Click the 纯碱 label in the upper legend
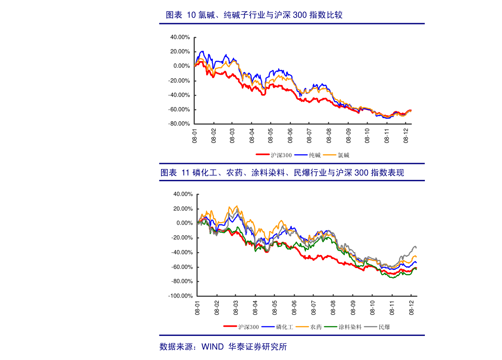(315, 155)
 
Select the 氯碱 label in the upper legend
(344, 155)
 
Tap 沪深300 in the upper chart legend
(281, 155)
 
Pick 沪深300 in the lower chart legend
(248, 327)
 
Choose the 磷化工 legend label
(285, 327)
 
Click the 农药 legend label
(316, 327)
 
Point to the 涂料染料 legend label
(350, 327)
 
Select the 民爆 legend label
(384, 327)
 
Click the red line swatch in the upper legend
(263, 155)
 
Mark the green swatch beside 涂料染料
(332, 327)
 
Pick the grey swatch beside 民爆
(371, 327)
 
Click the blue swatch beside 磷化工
(268, 327)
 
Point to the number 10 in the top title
(191, 15)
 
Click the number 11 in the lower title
(185, 173)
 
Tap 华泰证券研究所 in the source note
(257, 347)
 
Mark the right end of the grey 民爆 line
(416, 247)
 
